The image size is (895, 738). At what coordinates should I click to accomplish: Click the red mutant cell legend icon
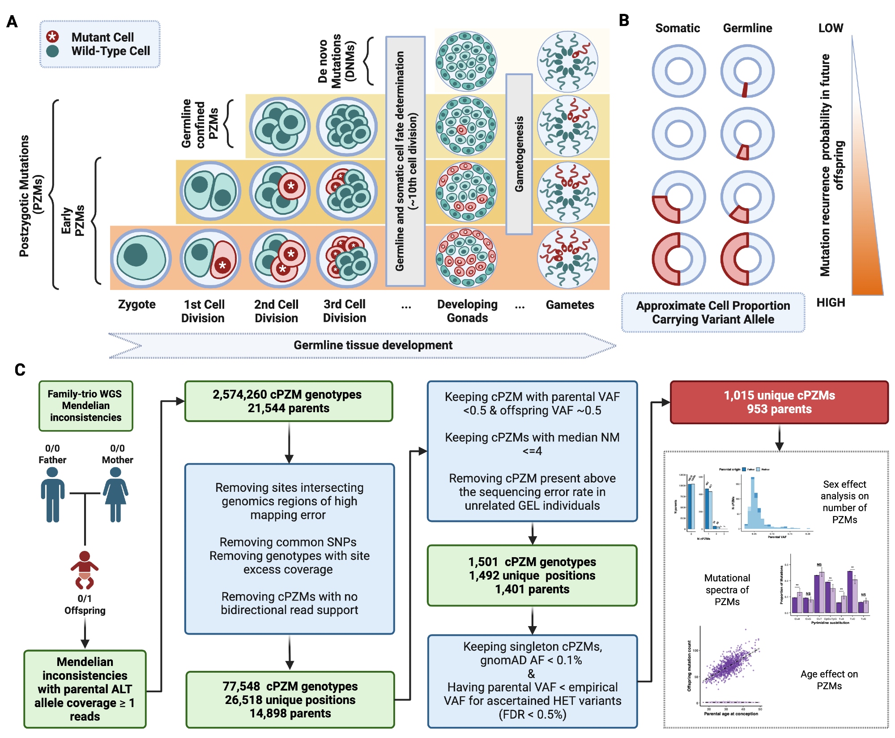tap(53, 37)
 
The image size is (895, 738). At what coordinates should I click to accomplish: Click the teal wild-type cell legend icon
tap(53, 51)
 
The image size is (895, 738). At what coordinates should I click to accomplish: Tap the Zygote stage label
tap(136, 304)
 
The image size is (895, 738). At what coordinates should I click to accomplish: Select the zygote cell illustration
tap(141, 258)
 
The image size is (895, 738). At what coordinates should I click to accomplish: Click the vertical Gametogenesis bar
tap(519, 154)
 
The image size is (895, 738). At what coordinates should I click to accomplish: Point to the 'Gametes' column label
tap(570, 305)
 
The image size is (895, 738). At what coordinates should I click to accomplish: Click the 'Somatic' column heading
tap(678, 28)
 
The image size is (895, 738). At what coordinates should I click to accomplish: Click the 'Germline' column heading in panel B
tap(747, 28)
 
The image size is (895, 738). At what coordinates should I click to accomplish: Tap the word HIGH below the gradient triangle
tap(831, 303)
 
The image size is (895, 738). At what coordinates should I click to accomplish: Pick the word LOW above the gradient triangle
tap(831, 28)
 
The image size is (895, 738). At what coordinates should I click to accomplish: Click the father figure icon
tap(53, 495)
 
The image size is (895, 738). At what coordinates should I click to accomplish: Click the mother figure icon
tap(116, 495)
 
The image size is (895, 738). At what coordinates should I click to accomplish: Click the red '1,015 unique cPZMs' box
tap(779, 402)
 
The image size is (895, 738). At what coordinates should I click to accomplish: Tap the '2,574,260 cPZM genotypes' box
tap(289, 401)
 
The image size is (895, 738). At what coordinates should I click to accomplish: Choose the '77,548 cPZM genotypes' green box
tap(290, 700)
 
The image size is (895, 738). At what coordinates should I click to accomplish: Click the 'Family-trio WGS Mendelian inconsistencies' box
tap(85, 406)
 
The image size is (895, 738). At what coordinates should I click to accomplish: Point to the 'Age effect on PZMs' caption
tap(829, 680)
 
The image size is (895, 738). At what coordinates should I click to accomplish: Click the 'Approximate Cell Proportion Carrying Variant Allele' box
tap(713, 312)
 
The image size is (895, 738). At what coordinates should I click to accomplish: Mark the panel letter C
tap(20, 370)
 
